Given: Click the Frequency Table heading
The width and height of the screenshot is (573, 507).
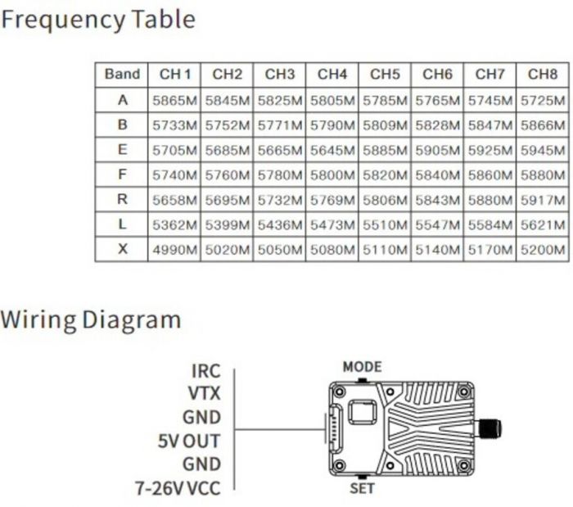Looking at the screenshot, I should (x=98, y=19).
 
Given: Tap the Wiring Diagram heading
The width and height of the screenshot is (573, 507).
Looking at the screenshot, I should (x=90, y=319).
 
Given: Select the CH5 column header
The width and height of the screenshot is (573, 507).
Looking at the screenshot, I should (x=385, y=75).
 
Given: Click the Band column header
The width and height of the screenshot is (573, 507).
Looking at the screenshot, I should (x=123, y=75).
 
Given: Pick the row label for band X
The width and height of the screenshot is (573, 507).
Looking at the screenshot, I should (x=123, y=249).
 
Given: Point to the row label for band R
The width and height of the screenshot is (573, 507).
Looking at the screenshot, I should (x=123, y=200).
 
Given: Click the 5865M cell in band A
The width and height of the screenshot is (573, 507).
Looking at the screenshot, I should (x=174, y=101).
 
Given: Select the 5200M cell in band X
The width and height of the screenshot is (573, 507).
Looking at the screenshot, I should (x=543, y=250).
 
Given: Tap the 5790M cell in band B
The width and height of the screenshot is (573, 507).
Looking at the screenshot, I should (x=332, y=125).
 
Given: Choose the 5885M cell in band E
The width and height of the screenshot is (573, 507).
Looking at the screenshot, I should (x=385, y=151).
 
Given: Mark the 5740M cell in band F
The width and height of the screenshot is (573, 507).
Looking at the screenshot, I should (x=174, y=175).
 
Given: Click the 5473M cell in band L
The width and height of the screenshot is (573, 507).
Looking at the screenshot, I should (x=332, y=225).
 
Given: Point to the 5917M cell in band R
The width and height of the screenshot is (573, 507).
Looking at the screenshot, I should (x=543, y=200).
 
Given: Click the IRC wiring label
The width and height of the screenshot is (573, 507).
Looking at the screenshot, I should (x=205, y=373).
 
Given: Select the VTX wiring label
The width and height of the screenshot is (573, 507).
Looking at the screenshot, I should (x=205, y=395).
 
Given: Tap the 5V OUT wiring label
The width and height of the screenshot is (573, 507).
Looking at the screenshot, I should (x=189, y=441).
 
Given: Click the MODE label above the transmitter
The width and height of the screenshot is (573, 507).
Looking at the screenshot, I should (x=362, y=367).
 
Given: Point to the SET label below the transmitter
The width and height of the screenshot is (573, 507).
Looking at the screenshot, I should (x=362, y=489).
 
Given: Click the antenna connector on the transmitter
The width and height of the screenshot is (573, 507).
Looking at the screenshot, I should (x=489, y=428).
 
